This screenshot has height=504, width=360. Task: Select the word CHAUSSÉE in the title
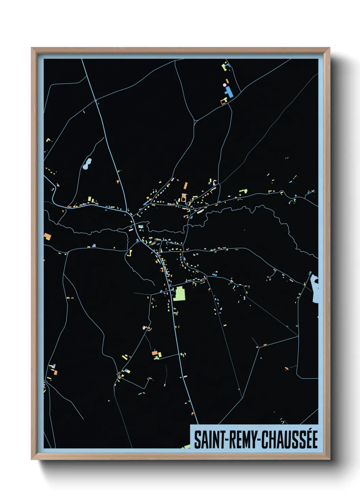coord(290,440)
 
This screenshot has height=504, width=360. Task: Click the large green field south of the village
coord(179,294)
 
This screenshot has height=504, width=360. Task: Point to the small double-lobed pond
coord(87,163)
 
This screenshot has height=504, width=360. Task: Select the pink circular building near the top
coord(225,85)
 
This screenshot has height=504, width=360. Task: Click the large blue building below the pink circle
coord(228,92)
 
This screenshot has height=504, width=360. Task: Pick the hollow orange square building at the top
coord(224,101)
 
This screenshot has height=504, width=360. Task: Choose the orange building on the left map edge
coord(47,236)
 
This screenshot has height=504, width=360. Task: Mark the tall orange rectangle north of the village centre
coord(186,186)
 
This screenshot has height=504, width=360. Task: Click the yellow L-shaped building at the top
coord(224,66)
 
